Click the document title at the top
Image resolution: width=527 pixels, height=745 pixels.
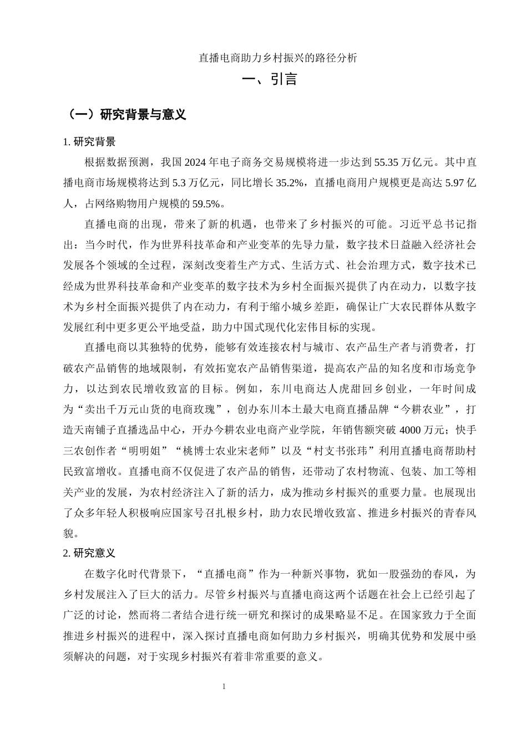[x=278, y=57]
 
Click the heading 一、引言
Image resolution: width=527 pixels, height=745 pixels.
[x=270, y=79]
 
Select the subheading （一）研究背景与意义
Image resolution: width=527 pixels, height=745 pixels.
[x=125, y=115]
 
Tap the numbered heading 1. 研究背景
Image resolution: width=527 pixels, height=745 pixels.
[x=90, y=142]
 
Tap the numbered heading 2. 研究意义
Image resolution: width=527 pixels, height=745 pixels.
[x=90, y=553]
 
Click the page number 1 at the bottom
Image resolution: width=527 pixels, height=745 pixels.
[x=224, y=687]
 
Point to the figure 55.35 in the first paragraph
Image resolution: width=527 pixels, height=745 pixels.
[x=388, y=162]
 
